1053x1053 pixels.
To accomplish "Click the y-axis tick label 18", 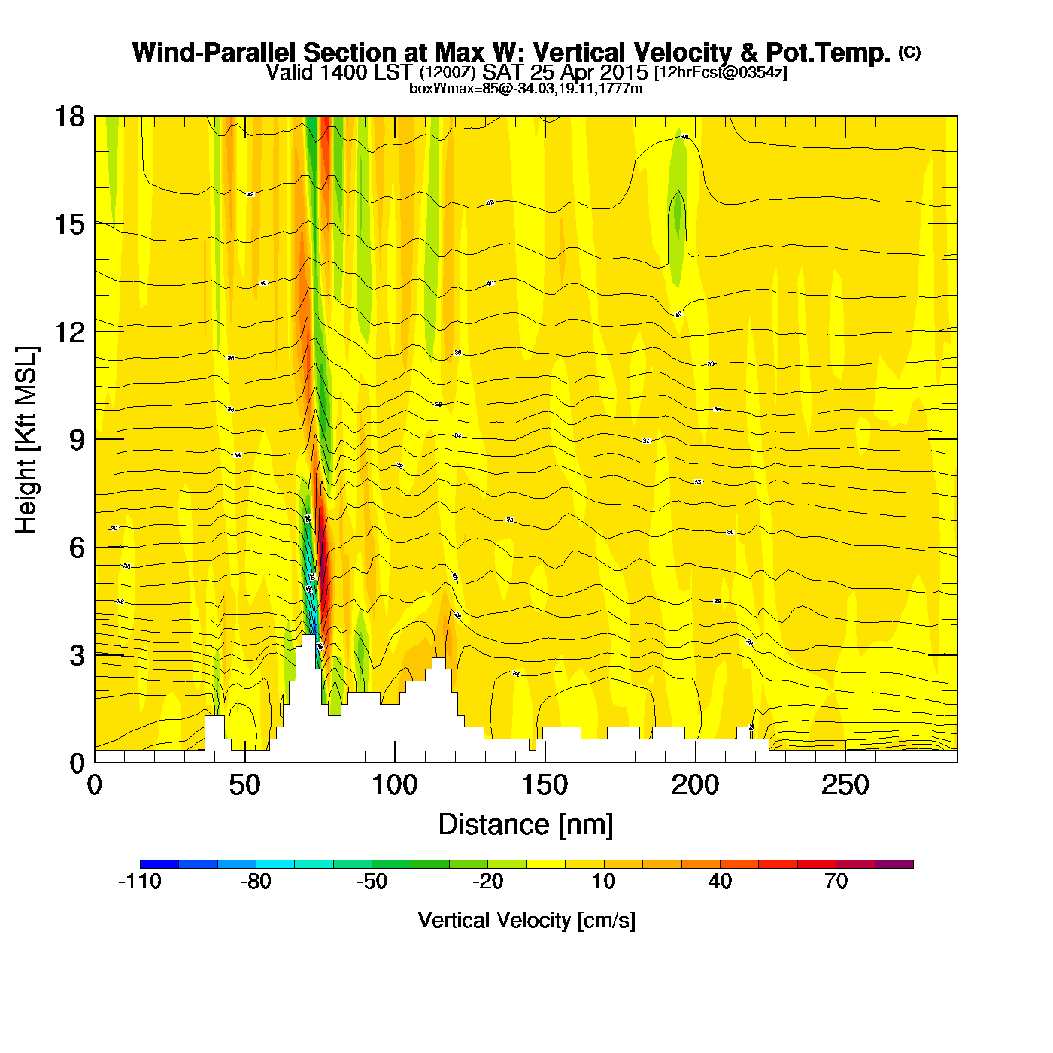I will pos(69,117).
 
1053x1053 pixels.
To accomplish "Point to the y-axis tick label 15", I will pos(69,224).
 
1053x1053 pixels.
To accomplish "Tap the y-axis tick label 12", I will pos(69,332).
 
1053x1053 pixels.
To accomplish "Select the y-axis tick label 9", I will pos(77,440).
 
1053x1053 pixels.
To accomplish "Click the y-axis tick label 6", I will pos(77,548).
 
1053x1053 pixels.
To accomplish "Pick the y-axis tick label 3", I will pos(77,655).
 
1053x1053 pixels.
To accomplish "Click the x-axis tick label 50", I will pos(244,786).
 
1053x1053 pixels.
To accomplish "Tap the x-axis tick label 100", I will pos(394,786).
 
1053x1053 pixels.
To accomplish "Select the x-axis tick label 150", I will pos(545,786).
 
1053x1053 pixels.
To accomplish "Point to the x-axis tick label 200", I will pos(695,786).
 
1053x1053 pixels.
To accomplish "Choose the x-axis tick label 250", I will pos(845,786).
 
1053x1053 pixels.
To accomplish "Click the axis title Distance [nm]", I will pos(526,825).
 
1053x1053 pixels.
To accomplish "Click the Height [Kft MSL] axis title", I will pos(27,440).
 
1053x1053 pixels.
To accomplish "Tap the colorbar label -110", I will pos(140,882).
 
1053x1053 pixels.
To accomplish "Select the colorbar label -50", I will pos(372,882).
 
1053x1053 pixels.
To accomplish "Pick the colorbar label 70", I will pos(836,882).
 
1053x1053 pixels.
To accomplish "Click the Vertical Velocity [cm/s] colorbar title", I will pos(526,920).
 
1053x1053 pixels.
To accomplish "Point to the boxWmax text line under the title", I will pos(525,88).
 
